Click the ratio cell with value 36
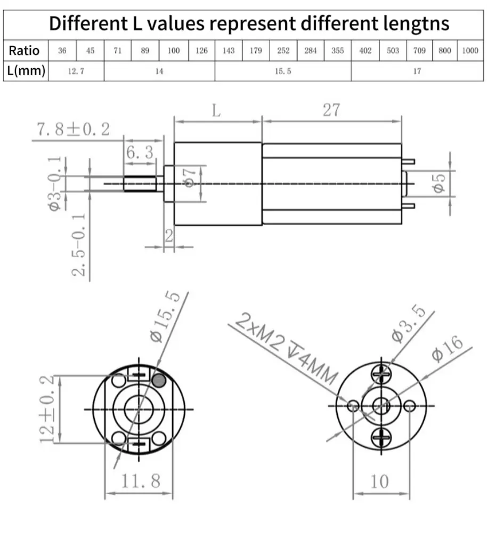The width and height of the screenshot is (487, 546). (x=62, y=51)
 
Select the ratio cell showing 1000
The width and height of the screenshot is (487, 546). (x=470, y=51)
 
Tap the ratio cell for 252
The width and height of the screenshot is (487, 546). (x=283, y=51)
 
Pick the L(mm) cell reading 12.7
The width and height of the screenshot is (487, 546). (x=76, y=71)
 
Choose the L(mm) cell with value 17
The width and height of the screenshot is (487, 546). (x=417, y=71)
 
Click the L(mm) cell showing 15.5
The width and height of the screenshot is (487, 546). (x=283, y=71)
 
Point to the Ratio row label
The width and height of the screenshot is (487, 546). (x=25, y=51)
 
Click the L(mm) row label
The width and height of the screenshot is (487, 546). (x=26, y=71)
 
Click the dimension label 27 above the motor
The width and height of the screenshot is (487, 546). (x=331, y=110)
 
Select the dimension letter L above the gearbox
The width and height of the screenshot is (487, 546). (x=216, y=111)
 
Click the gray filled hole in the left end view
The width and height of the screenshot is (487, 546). (x=159, y=380)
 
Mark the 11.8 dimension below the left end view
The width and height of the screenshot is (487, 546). (x=140, y=481)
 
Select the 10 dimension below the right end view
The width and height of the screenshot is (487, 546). (x=379, y=481)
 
